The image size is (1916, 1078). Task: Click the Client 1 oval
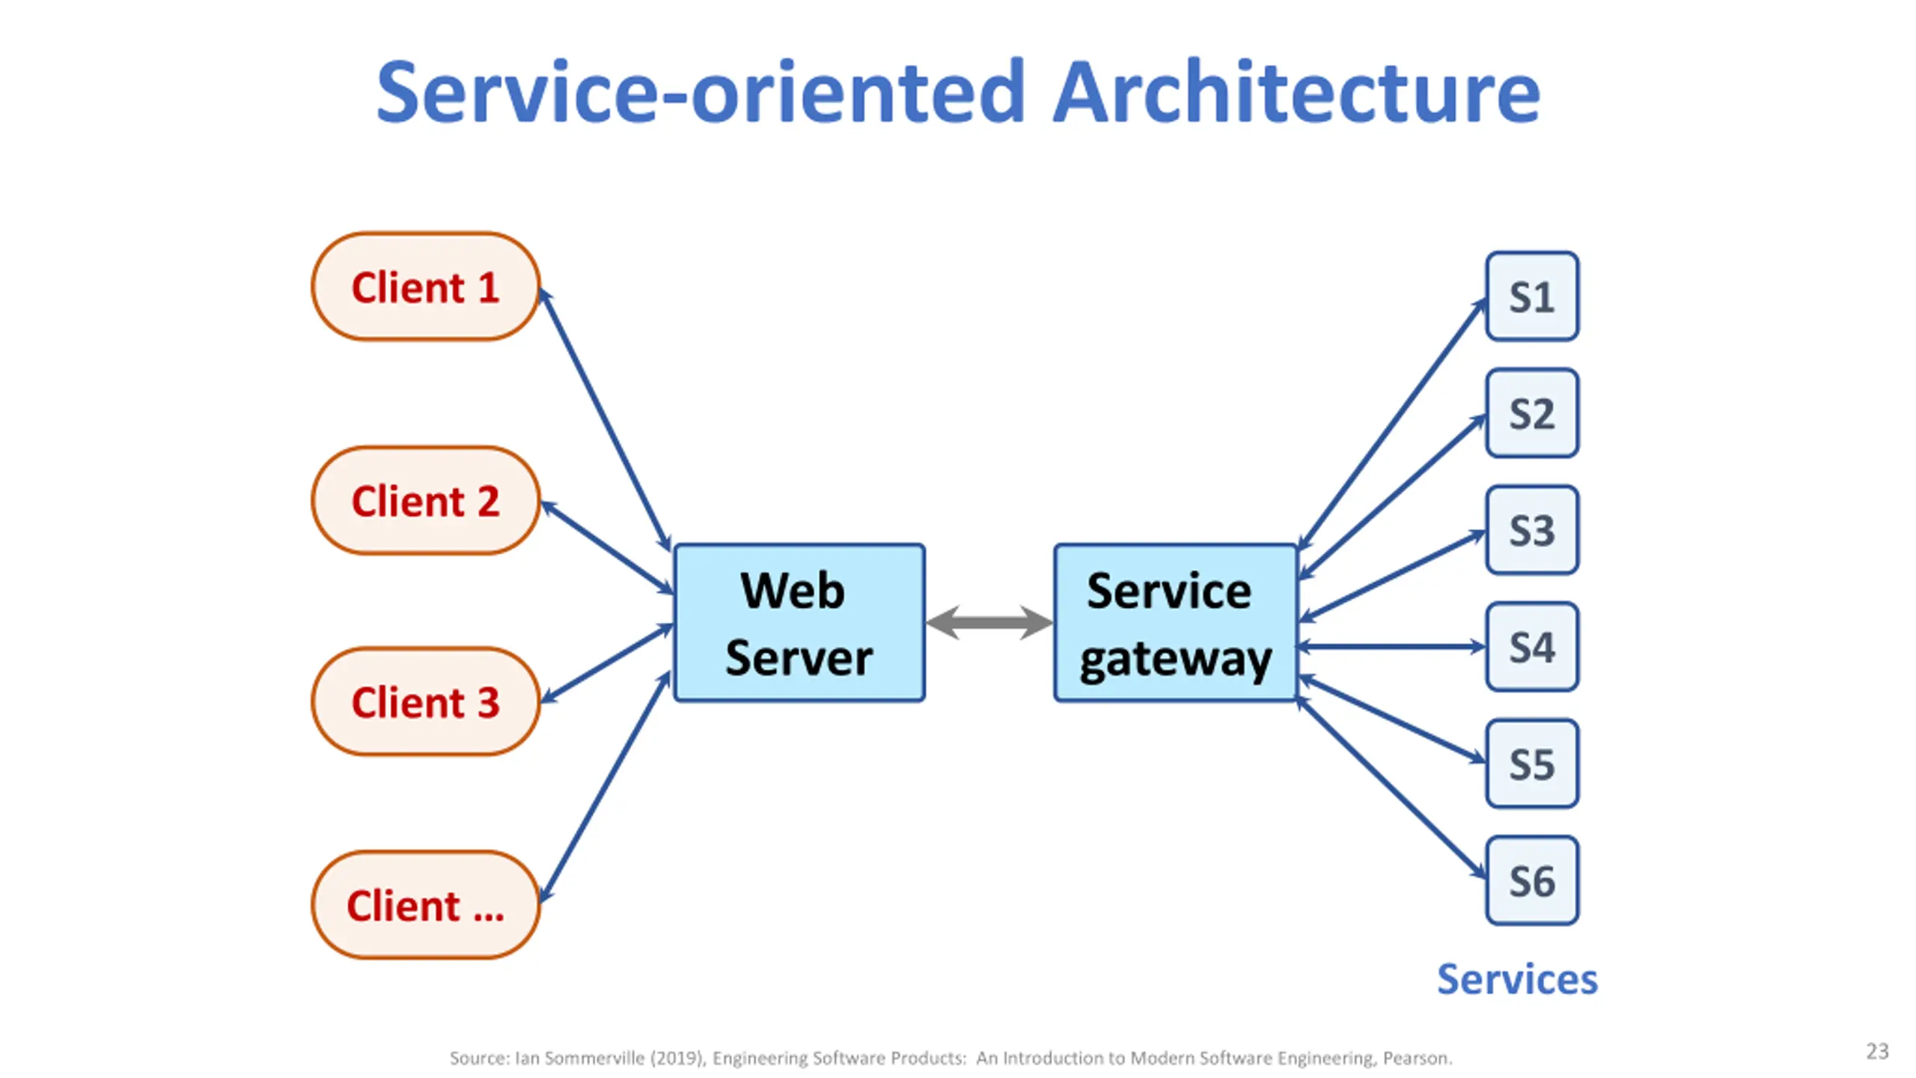click(425, 287)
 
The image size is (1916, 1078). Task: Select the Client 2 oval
click(425, 500)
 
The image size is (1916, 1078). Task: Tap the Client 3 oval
click(425, 701)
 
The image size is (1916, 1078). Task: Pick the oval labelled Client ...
click(425, 905)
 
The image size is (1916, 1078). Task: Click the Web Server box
click(799, 623)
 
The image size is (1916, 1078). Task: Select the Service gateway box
click(1176, 623)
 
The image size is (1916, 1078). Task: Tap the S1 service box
click(1532, 296)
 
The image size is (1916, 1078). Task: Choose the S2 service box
click(1532, 413)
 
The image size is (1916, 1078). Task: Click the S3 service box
click(1532, 530)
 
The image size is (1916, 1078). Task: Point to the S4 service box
click(1532, 647)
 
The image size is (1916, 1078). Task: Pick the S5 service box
click(1532, 764)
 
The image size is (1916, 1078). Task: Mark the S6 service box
click(1532, 880)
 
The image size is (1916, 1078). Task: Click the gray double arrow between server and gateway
click(989, 623)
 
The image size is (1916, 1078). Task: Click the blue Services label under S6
click(1517, 979)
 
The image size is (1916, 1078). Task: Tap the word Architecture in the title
click(1296, 93)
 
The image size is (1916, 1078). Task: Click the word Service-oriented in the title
click(700, 93)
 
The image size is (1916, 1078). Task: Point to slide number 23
click(1877, 1051)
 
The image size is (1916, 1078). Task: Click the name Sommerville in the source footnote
click(594, 1058)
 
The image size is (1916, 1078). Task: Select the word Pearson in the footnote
click(1417, 1058)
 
